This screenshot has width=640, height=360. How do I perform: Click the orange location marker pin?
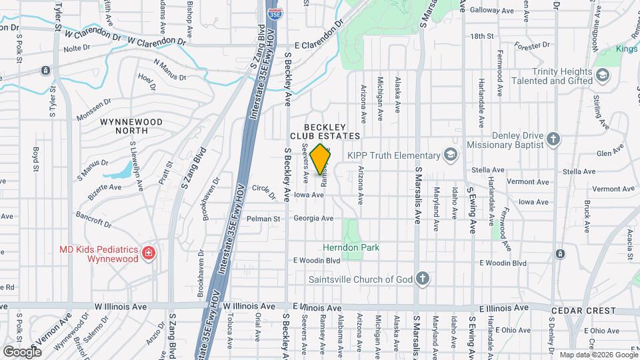(321, 159)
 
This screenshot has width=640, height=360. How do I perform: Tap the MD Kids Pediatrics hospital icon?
(149, 253)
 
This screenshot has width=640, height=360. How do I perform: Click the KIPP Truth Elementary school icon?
(451, 155)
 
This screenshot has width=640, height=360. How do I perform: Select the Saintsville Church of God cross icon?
(422, 278)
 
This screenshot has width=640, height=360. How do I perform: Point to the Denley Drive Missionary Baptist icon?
(552, 139)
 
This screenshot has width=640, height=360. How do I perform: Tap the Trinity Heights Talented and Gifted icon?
(603, 75)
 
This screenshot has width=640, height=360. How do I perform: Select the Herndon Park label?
(351, 247)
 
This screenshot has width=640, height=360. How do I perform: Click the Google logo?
(22, 351)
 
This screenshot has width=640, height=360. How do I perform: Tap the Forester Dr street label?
(531, 45)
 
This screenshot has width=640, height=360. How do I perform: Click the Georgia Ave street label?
(313, 218)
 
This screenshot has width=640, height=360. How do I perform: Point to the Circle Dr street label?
(264, 192)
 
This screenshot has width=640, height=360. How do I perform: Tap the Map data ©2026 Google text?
(598, 355)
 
